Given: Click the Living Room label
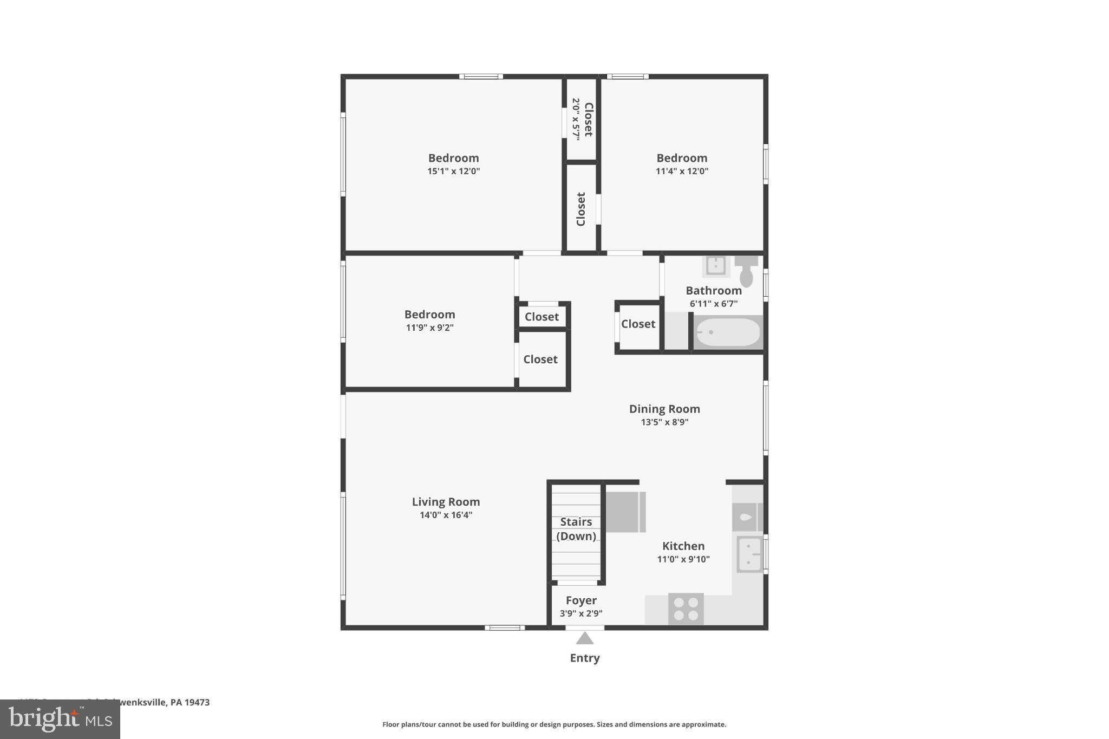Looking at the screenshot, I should point(446,502).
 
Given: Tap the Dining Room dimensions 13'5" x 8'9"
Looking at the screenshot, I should point(664,422).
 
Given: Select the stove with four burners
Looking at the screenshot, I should point(686,609).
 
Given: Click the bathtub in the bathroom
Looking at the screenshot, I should point(727,332).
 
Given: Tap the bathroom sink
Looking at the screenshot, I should point(716,266).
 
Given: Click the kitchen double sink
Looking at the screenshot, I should point(749,554).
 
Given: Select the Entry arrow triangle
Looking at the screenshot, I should point(585,639).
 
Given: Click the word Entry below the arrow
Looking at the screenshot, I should point(585,658).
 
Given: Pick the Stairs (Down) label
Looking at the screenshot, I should point(576,529).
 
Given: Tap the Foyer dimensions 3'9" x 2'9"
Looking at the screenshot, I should point(581,614).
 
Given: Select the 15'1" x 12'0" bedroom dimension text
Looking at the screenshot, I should point(453,172).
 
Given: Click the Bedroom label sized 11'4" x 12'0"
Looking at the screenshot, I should point(682,158).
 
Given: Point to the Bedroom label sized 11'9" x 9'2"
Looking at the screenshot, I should point(429,315).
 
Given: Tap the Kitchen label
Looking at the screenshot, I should point(683,546).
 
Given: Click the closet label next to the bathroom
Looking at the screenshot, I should point(638,324).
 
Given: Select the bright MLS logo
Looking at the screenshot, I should point(60,720).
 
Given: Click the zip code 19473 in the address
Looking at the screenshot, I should point(197,703).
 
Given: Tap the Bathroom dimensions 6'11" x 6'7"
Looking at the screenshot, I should point(713,304).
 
